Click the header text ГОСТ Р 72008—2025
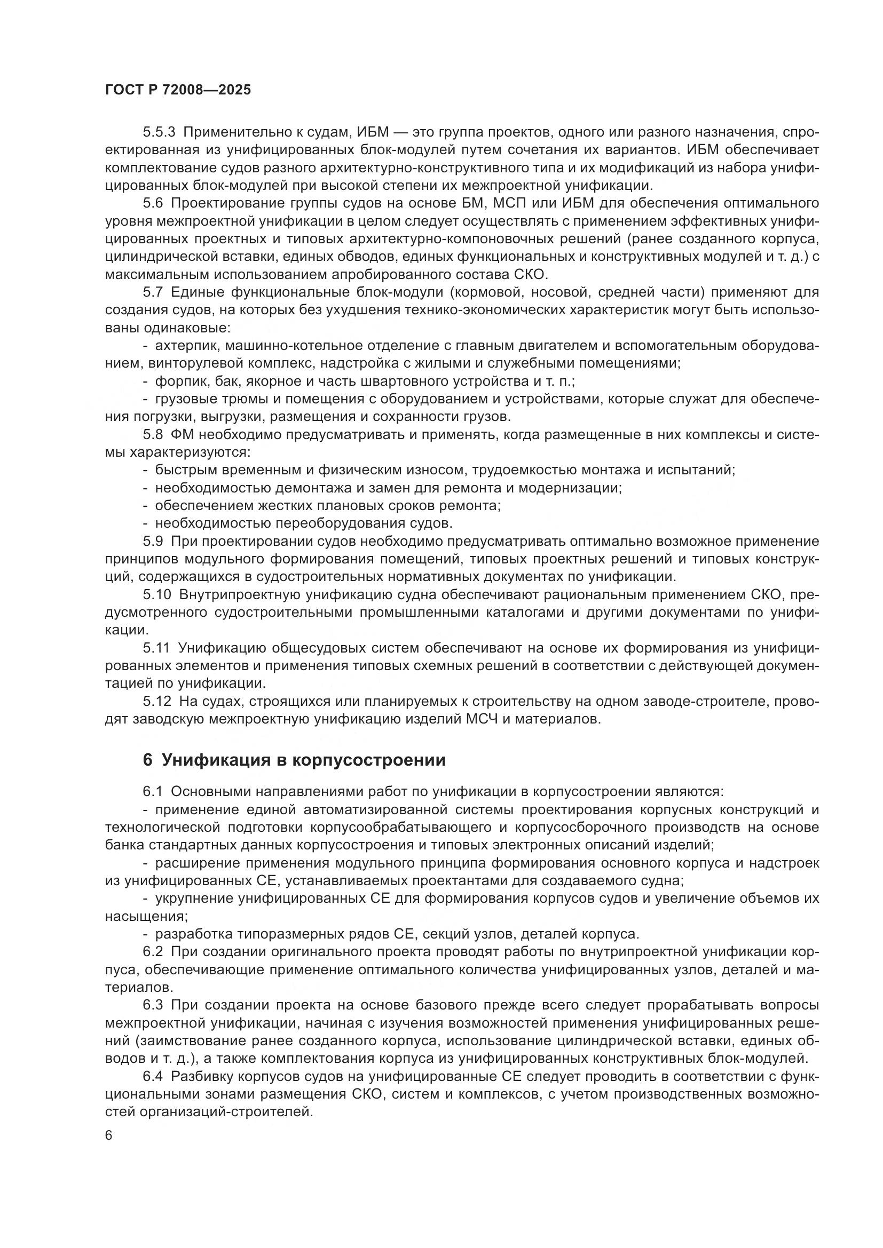point(178,90)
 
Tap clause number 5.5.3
point(159,132)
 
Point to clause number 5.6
point(153,203)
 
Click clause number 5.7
point(153,292)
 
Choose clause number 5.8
point(153,435)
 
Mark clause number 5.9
point(153,542)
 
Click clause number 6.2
point(153,952)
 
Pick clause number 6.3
point(153,1005)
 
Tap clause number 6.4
point(153,1076)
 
